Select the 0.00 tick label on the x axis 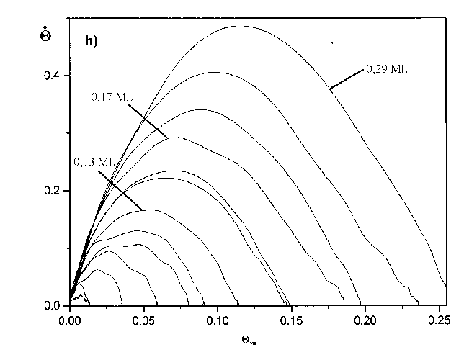click(x=71, y=318)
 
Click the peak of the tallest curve click(x=241, y=26)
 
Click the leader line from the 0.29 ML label click(x=347, y=78)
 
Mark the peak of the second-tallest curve click(x=215, y=72)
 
